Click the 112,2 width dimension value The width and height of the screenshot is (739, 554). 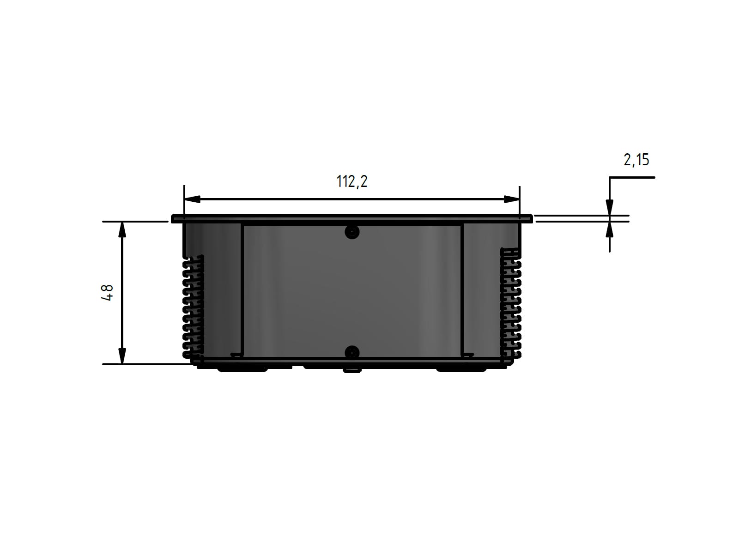352,181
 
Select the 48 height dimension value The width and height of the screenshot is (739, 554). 108,293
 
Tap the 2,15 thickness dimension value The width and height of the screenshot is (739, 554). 636,160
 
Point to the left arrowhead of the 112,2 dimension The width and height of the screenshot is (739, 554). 192,199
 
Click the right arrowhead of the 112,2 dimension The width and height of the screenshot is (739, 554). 511,199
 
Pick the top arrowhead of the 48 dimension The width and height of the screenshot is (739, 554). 122,230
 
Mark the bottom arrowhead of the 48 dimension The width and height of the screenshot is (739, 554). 122,356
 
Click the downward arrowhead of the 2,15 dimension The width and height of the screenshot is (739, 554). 609,207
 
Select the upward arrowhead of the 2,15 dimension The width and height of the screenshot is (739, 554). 609,230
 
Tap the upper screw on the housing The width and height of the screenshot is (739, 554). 352,232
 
